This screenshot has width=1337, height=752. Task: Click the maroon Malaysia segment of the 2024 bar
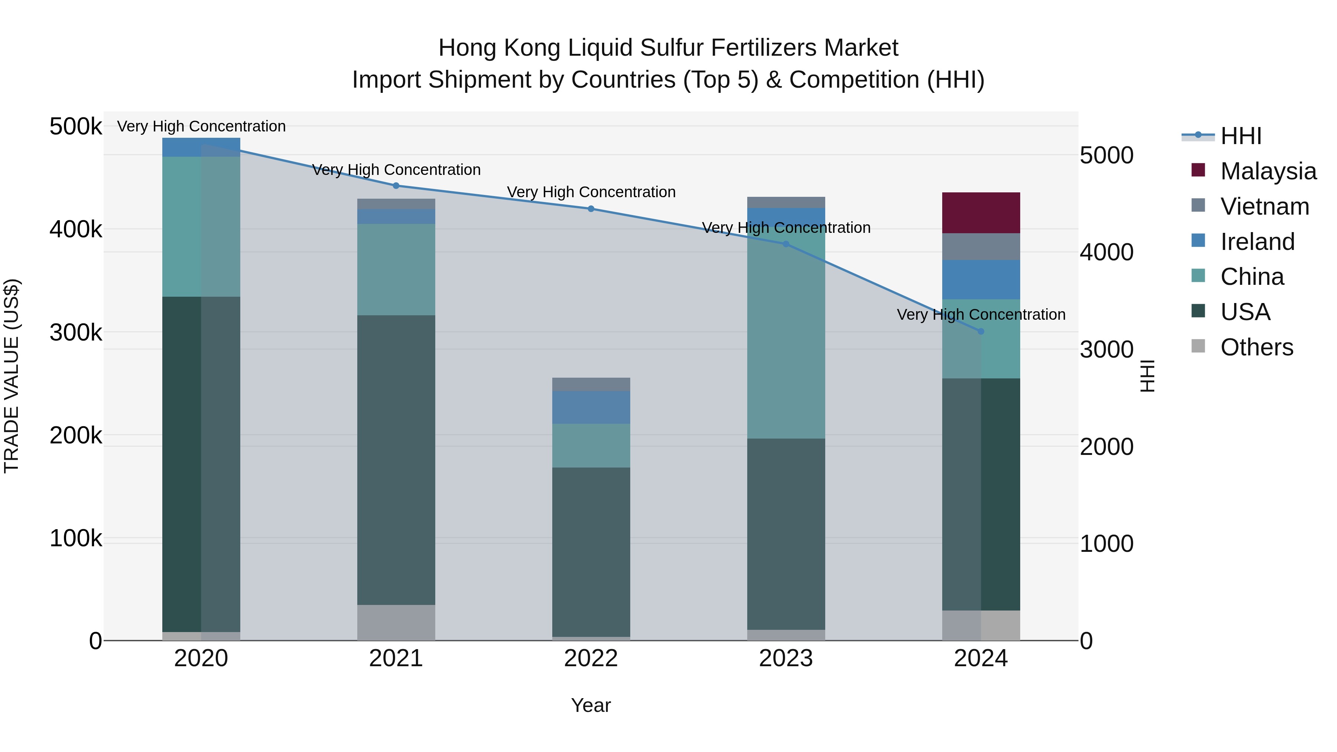(980, 213)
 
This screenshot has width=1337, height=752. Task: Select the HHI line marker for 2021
(396, 185)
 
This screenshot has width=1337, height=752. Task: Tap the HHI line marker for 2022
(591, 209)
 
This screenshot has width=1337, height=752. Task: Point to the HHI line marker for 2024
(980, 331)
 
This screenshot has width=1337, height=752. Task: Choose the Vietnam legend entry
(1264, 206)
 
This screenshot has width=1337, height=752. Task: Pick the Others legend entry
(1256, 347)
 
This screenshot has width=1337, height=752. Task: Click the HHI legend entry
(1240, 136)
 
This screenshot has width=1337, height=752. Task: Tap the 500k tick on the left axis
(75, 127)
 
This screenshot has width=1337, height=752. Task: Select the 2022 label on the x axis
(591, 658)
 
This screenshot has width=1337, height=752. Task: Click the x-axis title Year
(591, 705)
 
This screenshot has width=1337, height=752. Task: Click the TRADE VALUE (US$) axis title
(12, 376)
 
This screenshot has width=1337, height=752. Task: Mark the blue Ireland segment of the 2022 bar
(591, 407)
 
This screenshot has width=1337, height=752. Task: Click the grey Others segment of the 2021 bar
(396, 622)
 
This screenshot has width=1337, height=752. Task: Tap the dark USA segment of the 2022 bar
(591, 552)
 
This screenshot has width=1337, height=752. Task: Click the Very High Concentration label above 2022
(591, 192)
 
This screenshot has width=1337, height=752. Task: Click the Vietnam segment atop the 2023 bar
(786, 202)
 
